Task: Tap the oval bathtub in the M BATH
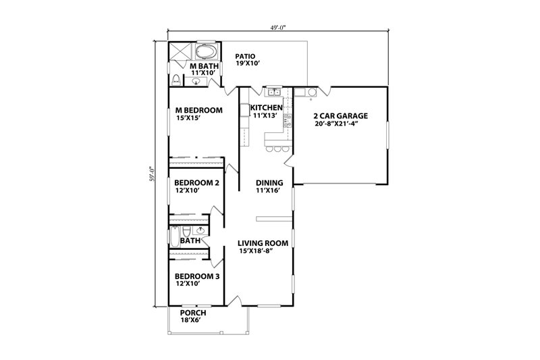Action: (205, 52)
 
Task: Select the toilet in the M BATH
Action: (176, 80)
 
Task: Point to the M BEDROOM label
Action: (199, 111)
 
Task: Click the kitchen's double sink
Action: (274, 92)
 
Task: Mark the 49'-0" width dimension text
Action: (277, 28)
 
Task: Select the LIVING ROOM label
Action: (263, 242)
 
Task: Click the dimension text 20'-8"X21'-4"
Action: (336, 124)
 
